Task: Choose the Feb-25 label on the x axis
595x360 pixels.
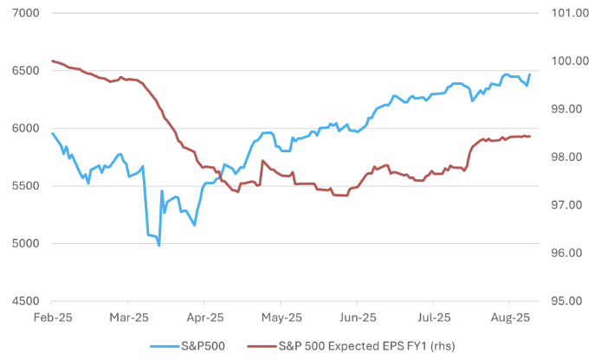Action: pyautogui.click(x=52, y=318)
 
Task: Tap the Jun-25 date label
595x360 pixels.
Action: pyautogui.click(x=357, y=318)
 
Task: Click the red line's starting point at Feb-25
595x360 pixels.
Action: pyautogui.click(x=52, y=61)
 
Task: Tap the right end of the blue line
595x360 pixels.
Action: pyautogui.click(x=530, y=74)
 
